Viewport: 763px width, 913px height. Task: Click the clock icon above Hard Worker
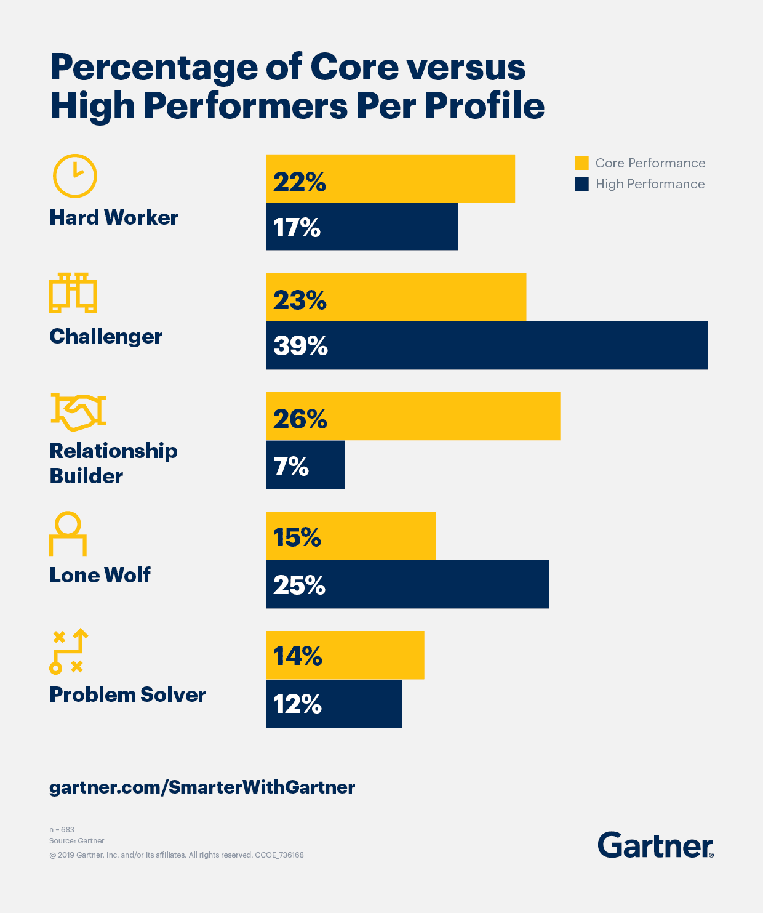(75, 175)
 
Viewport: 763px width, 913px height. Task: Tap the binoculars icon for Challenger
(73, 293)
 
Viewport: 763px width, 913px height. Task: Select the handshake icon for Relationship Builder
(78, 411)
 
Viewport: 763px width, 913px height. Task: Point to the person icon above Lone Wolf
(68, 533)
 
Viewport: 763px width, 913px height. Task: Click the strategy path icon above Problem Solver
(68, 651)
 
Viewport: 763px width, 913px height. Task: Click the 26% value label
(300, 419)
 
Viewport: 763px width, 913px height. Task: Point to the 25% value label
(299, 585)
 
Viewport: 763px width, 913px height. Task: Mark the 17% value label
(297, 228)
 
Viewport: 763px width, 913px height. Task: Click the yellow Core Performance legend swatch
(581, 163)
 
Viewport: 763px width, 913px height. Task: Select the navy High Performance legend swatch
(581, 184)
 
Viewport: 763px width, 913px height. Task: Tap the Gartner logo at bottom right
(655, 845)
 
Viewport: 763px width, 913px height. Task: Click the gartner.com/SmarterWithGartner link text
(202, 787)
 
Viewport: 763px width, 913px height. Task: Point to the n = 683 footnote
(62, 830)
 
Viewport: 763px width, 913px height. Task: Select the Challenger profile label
(106, 336)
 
